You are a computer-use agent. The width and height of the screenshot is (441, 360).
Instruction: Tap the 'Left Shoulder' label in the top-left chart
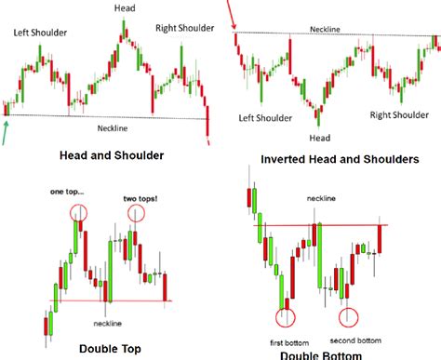click(x=38, y=33)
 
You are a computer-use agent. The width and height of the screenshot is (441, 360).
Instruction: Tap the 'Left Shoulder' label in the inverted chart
click(x=262, y=118)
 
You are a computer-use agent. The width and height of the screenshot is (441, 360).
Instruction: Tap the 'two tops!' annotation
click(x=140, y=198)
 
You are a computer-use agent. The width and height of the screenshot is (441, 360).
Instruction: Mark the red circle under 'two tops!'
click(x=137, y=214)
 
